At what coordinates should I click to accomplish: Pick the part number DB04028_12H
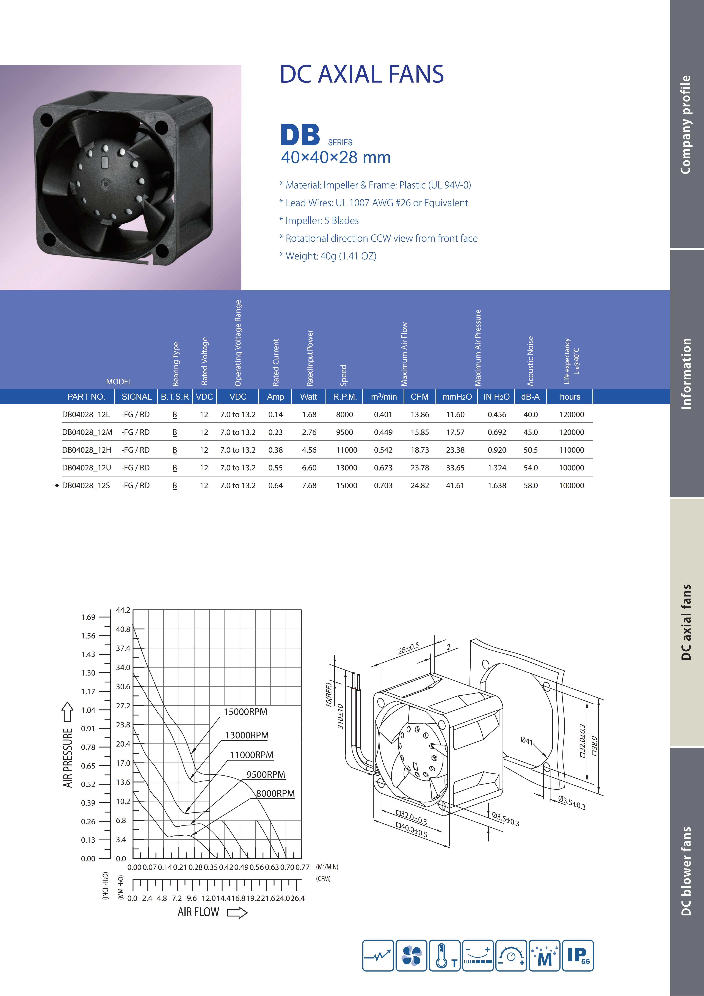(x=86, y=450)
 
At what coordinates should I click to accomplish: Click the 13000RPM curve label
(x=247, y=735)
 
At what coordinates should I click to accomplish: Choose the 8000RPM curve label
(x=275, y=793)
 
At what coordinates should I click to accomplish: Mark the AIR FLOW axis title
(x=198, y=912)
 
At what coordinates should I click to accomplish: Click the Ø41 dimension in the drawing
(x=526, y=740)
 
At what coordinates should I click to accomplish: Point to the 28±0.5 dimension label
(x=408, y=648)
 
